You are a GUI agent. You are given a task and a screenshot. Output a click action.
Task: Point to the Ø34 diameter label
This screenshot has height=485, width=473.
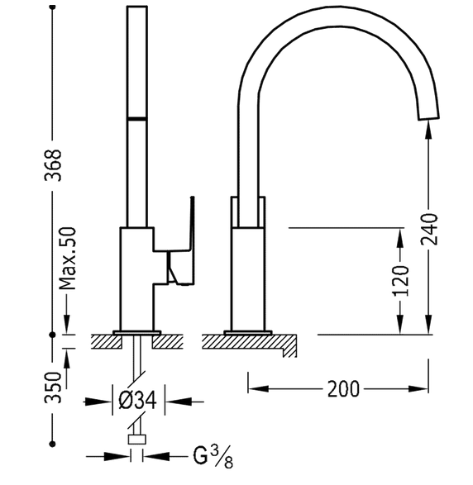[138, 402]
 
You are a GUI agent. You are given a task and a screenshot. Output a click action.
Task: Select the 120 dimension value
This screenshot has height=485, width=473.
[401, 282]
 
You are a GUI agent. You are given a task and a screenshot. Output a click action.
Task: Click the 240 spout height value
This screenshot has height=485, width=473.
[429, 229]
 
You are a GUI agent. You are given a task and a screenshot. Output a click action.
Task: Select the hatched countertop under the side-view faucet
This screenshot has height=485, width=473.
[248, 340]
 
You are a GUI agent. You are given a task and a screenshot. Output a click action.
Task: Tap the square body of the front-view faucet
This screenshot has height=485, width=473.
[136, 277]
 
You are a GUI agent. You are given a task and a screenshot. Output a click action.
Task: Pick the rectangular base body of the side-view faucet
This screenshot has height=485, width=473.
[249, 277]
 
